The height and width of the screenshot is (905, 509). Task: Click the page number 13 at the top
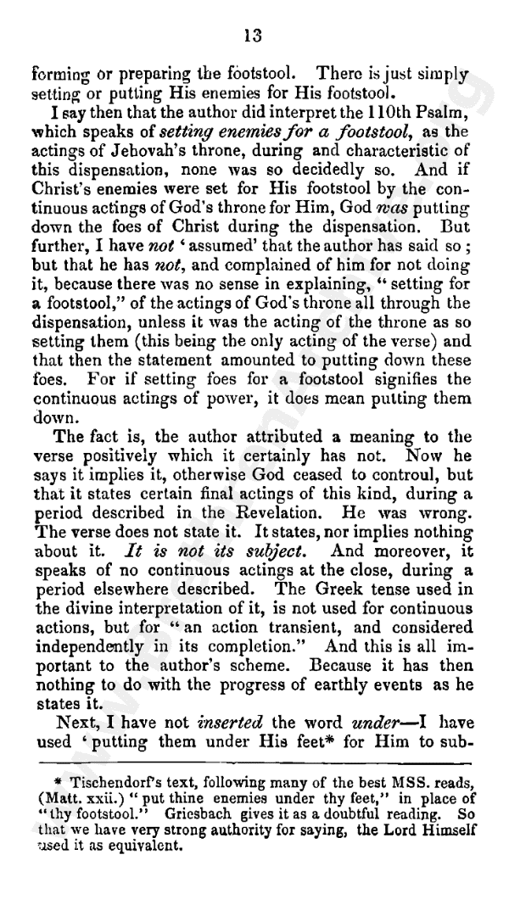click(252, 35)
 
